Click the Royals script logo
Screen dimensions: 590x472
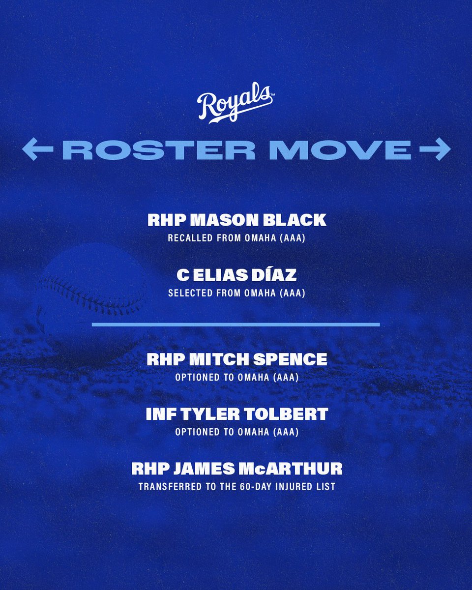pos(235,104)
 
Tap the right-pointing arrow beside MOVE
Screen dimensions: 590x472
pos(436,150)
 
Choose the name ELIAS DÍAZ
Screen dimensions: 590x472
pos(243,275)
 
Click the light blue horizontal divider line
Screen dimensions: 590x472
pos(236,324)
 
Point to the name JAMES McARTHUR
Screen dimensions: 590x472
pos(258,469)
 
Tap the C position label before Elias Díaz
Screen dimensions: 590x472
pos(180,275)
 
